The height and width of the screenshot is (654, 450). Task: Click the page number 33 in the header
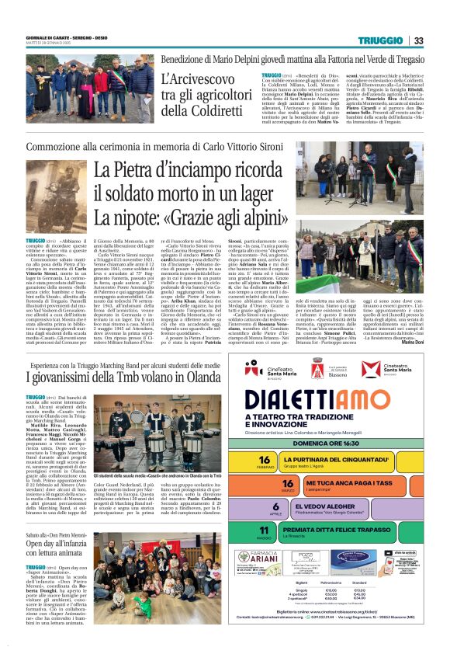point(418,41)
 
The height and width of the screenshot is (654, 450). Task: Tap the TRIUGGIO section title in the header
point(380,41)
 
